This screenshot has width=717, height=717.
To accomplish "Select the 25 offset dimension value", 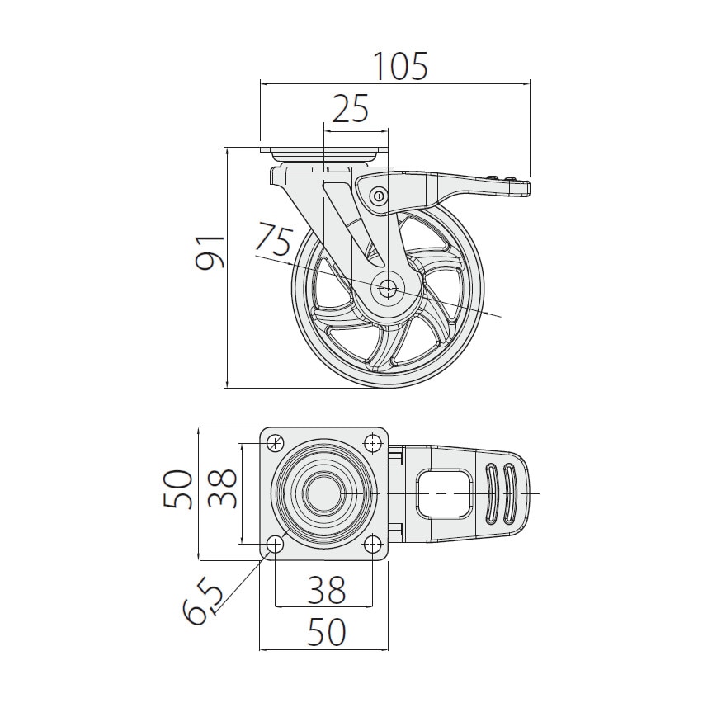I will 350,110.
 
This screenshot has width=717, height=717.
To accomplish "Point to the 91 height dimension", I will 210,252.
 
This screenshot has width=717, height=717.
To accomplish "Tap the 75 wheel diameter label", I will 272,240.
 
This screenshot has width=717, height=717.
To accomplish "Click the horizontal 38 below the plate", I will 326,590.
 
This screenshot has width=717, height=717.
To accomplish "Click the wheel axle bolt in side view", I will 388,288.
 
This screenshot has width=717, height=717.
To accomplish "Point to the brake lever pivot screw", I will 379,196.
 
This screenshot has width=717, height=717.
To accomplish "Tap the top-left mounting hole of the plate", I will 276,443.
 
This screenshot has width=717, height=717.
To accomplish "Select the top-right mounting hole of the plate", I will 374,444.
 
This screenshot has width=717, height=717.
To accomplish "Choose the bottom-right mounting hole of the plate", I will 374,544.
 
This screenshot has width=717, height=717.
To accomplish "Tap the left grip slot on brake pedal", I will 493,493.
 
